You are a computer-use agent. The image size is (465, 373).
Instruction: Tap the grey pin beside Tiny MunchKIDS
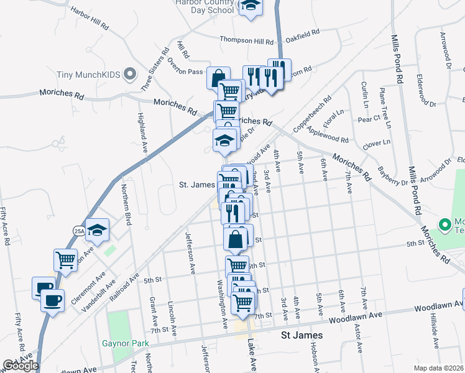click(x=130, y=75)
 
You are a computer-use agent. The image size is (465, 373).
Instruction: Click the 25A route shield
click(x=79, y=230)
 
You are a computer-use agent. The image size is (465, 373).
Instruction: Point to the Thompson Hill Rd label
click(x=246, y=41)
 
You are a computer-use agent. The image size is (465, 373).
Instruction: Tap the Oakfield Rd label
click(x=304, y=32)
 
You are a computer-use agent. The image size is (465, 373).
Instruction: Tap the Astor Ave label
click(x=357, y=351)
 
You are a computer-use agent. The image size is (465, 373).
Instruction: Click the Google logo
click(x=20, y=365)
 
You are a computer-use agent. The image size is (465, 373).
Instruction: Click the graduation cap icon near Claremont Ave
click(x=97, y=230)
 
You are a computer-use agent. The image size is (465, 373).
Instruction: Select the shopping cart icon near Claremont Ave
click(x=65, y=260)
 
